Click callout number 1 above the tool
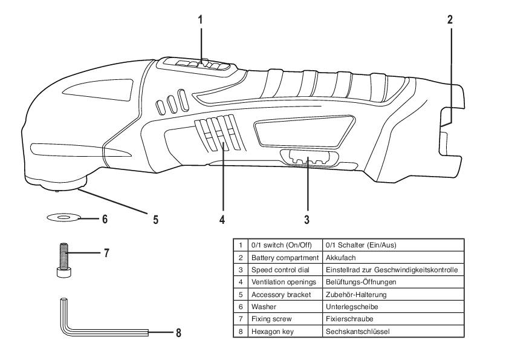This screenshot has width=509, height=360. click(200, 19)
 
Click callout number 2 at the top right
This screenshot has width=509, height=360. click(450, 19)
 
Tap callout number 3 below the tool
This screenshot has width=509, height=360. click(307, 220)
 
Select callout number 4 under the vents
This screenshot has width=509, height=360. click(222, 220)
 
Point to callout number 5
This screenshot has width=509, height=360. click(155, 220)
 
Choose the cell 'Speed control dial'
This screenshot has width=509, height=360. click(276, 269)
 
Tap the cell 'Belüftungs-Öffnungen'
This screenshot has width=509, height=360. click(360, 282)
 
